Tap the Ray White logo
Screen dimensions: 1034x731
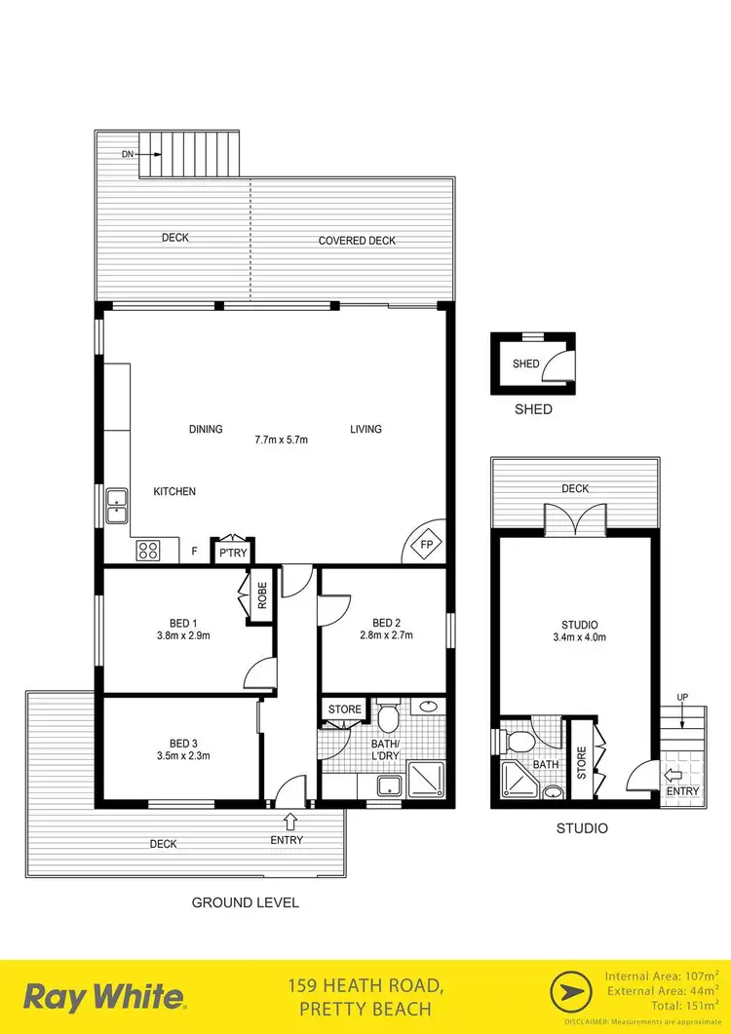pyautogui.click(x=103, y=997)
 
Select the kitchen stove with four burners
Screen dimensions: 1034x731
pyautogui.click(x=148, y=550)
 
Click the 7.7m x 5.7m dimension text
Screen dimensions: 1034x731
pyautogui.click(x=281, y=440)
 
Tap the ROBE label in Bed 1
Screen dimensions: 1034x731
pyautogui.click(x=262, y=595)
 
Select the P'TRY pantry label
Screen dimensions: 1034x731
pyautogui.click(x=232, y=552)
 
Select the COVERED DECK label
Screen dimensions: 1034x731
pyautogui.click(x=357, y=241)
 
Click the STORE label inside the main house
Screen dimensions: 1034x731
pyautogui.click(x=344, y=709)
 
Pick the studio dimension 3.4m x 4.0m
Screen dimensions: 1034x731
pyautogui.click(x=579, y=638)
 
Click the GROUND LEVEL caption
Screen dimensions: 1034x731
pyautogui.click(x=245, y=902)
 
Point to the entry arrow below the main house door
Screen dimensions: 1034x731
pyautogui.click(x=291, y=822)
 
